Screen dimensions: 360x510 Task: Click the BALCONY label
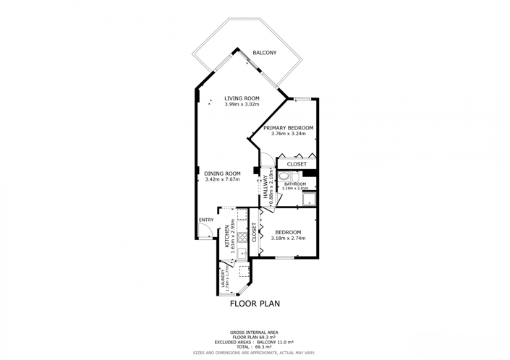click(x=264, y=53)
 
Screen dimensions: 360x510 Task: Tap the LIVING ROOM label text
click(x=242, y=98)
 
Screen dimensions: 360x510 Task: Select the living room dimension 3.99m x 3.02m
click(x=242, y=105)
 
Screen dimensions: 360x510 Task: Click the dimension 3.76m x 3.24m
click(x=288, y=134)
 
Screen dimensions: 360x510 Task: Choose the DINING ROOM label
click(x=222, y=173)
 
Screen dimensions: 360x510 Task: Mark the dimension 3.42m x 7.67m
click(x=222, y=179)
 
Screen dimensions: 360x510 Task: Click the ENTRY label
click(x=206, y=220)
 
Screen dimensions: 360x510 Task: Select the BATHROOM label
click(x=294, y=184)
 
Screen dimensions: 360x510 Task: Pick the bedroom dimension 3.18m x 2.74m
click(x=288, y=238)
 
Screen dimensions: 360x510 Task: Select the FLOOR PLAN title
click(x=255, y=304)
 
